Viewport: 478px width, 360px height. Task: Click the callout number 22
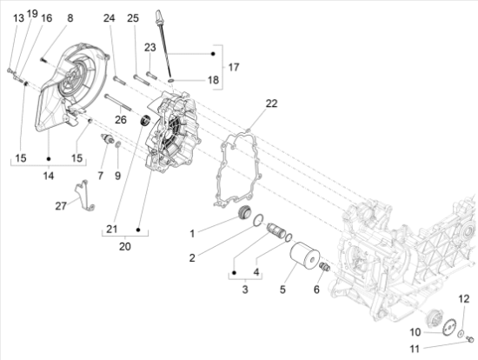[271, 103]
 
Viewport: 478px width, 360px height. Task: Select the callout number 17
[233, 67]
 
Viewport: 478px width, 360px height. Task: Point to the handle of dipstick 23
[160, 17]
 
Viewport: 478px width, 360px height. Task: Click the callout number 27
[61, 206]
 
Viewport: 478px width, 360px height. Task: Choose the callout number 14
[48, 176]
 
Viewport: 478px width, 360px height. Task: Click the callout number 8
[70, 17]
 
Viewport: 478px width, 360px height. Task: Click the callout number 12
[464, 299]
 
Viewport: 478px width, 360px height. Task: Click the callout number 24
[109, 17]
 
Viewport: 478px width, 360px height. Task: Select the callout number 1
[192, 234]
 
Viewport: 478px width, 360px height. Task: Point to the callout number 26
[121, 119]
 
